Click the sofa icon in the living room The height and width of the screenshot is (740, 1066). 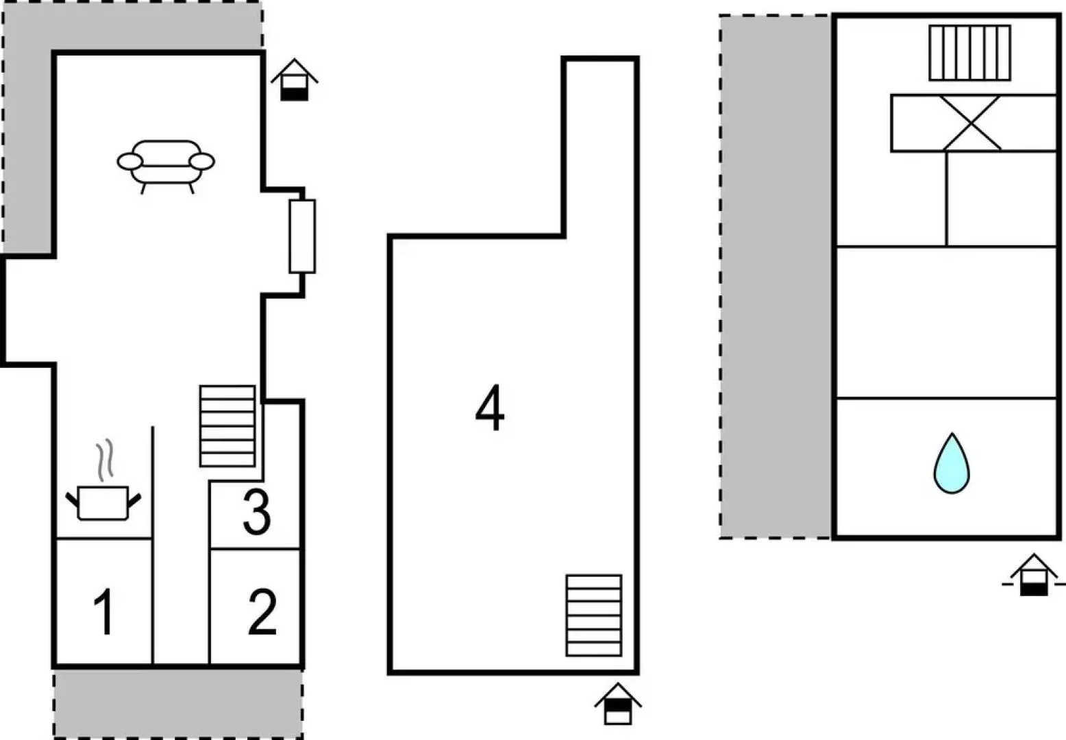[166, 166]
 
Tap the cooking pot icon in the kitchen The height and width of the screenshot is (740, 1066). [103, 502]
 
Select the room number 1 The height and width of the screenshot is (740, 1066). [104, 611]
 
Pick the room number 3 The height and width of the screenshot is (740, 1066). [257, 512]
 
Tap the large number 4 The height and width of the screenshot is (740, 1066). [490, 408]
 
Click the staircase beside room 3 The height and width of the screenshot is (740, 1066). [227, 426]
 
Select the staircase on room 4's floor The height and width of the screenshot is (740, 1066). [594, 615]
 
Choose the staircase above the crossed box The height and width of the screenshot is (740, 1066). [970, 53]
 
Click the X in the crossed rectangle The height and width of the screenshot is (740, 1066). [971, 123]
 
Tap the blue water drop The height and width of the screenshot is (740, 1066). [952, 463]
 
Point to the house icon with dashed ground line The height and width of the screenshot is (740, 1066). [1034, 574]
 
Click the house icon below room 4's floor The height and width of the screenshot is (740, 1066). [618, 704]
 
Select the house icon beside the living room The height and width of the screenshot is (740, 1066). [295, 79]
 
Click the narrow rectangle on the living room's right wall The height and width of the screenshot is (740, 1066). [302, 236]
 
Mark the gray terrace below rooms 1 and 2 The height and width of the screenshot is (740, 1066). [178, 704]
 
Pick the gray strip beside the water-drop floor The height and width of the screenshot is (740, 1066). [776, 277]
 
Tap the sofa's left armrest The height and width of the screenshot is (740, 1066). [129, 162]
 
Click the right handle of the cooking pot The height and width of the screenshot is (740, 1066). [134, 500]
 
